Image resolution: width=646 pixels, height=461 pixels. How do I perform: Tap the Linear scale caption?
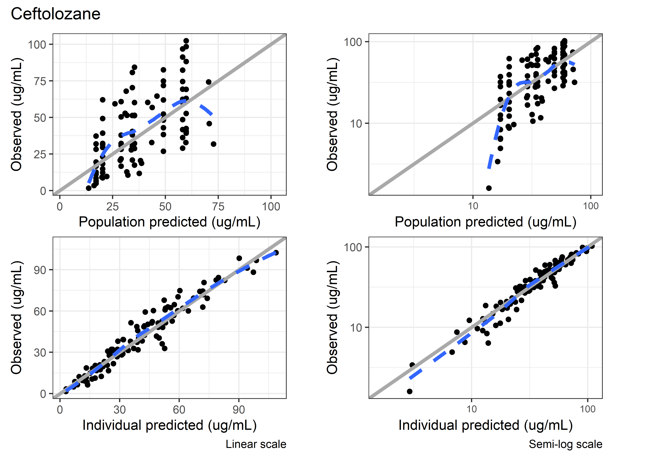256,444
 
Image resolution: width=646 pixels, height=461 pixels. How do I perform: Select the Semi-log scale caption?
565,444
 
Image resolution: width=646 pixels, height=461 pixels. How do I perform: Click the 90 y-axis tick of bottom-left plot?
40,270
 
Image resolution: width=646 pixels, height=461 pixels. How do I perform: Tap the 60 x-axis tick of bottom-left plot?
179,410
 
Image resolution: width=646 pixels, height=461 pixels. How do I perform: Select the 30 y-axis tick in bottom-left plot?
40,353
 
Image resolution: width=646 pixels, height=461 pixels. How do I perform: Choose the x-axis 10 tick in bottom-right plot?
472,409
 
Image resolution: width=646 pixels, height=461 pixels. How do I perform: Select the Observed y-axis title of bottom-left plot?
16,317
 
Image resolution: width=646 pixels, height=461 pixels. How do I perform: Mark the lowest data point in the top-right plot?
489,188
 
